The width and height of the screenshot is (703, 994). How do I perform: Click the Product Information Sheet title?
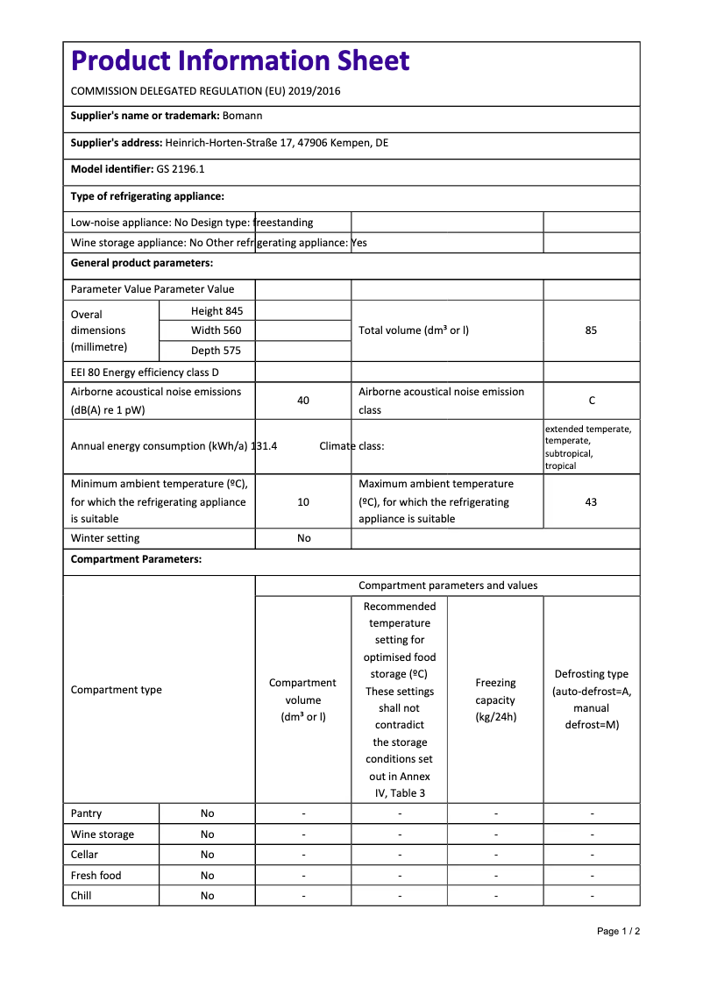tap(240, 60)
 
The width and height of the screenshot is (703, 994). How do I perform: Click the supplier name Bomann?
tap(243, 116)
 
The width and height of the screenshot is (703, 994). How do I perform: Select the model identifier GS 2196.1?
tap(181, 169)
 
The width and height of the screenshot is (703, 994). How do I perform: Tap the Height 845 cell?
tap(217, 311)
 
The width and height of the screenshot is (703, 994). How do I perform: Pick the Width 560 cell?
tap(217, 330)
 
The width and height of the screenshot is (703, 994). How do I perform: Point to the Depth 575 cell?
tap(217, 351)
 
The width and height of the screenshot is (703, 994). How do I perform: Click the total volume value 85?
tap(591, 330)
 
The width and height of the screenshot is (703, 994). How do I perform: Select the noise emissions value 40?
tap(303, 401)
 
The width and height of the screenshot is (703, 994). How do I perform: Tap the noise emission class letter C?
tap(592, 401)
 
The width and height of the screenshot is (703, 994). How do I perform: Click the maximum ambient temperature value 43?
tap(591, 502)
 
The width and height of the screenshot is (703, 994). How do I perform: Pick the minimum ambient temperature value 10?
tap(303, 502)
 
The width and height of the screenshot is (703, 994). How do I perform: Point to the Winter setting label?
tap(105, 538)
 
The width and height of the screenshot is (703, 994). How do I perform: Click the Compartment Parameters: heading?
tap(136, 559)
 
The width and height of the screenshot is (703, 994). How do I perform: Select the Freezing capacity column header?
tap(495, 699)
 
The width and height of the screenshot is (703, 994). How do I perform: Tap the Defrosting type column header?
tap(592, 699)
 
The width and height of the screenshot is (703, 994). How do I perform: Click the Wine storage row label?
tap(103, 834)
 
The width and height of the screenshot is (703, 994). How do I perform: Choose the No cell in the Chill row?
tap(207, 896)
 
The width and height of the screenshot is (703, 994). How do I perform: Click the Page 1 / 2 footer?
tap(618, 931)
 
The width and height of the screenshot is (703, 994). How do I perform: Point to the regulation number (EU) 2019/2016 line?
tap(205, 91)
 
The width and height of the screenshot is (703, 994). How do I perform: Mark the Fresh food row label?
tap(96, 876)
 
